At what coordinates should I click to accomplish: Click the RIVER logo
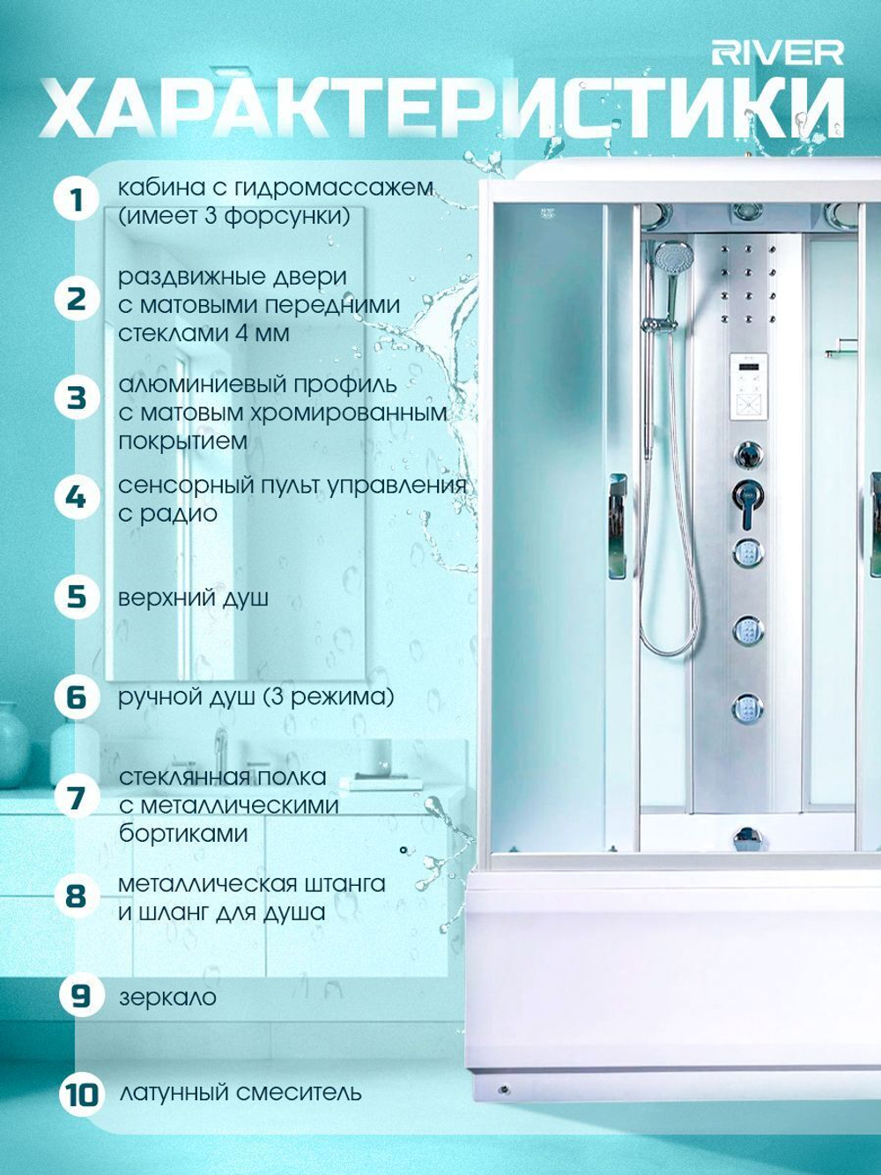pos(777,54)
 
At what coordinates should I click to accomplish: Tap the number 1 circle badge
pos(77,201)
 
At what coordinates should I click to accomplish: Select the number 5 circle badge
pos(77,597)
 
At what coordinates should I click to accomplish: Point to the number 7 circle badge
pos(77,799)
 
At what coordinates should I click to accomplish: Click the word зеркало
pos(168,997)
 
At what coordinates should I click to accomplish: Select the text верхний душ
pos(193,599)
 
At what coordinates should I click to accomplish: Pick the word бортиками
pos(183,834)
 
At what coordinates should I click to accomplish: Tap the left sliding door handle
pos(618,527)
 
